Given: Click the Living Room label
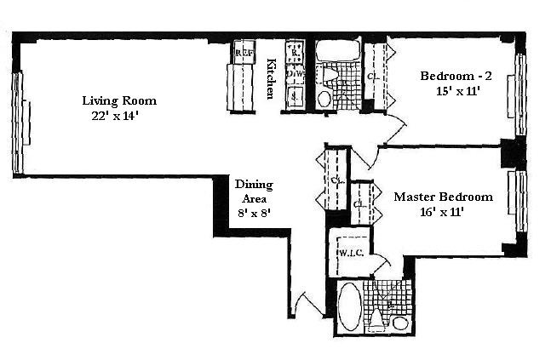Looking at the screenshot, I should coord(118,100).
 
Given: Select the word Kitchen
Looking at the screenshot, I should coord(271,78).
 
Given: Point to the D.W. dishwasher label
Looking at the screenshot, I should coord(295,75).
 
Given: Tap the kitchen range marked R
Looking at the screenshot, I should coord(295,53).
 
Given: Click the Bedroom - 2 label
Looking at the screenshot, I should coord(454,76).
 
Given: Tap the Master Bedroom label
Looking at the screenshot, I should coord(443,197).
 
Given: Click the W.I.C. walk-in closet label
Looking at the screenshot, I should coord(351,253).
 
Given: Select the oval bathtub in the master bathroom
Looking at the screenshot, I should coord(349,307).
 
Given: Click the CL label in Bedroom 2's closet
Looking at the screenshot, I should coord(373,76).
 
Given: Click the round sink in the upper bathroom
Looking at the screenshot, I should coord(324,99).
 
